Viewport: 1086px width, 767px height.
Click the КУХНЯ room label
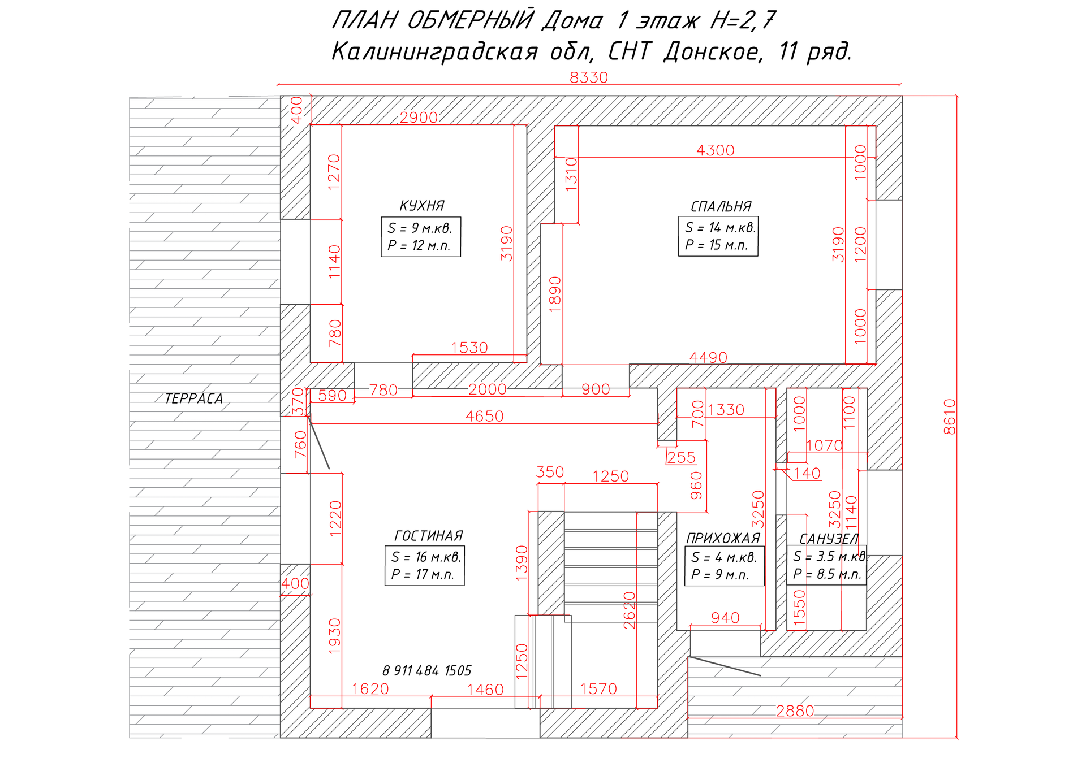point(422,206)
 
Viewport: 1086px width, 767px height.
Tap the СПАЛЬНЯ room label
point(721,207)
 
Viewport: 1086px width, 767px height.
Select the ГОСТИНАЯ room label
point(428,536)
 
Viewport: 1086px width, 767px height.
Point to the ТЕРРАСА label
point(193,398)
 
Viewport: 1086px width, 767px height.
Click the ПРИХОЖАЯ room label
point(722,538)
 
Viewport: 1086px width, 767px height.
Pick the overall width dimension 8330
point(588,77)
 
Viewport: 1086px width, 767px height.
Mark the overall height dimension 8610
point(950,417)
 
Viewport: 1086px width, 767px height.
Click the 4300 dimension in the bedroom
point(715,150)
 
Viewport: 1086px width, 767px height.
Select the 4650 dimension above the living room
point(484,416)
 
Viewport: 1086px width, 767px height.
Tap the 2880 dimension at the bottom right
point(795,710)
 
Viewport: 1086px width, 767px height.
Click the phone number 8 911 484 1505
point(426,671)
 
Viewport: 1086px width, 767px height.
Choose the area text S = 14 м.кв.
point(720,228)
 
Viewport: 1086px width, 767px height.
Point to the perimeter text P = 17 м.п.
point(423,575)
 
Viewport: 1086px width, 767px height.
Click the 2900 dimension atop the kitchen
point(419,118)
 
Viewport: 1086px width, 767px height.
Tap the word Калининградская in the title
point(434,52)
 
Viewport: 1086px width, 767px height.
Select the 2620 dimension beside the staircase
point(630,610)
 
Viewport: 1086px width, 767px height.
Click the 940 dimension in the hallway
point(725,618)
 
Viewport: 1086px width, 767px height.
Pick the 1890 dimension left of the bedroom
point(555,294)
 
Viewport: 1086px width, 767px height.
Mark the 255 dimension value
point(681,457)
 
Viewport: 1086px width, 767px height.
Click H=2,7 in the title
point(742,21)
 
